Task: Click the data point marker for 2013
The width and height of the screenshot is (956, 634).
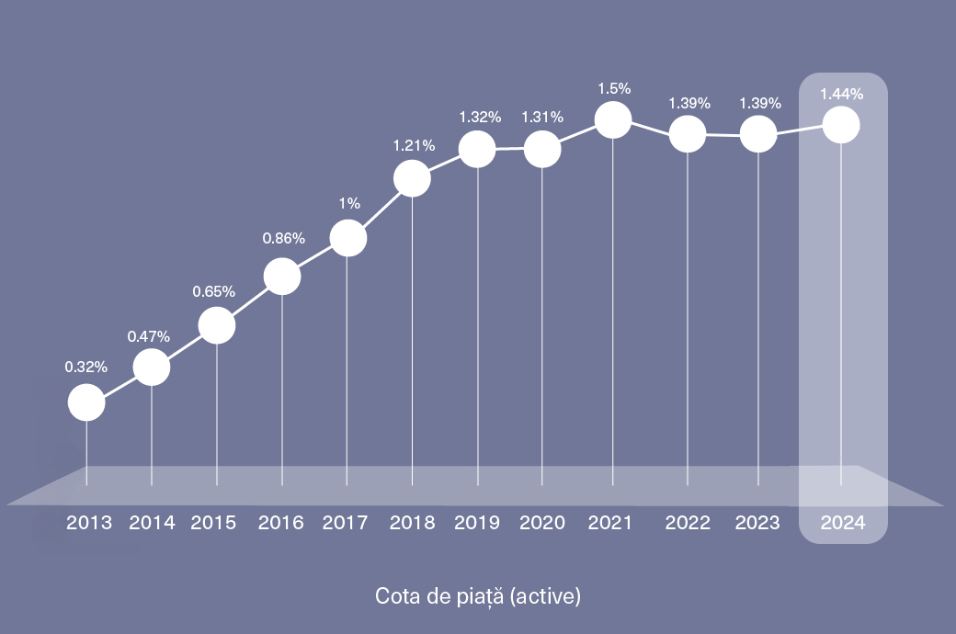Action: [x=86, y=402]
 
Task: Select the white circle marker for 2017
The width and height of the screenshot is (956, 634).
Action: [x=347, y=239]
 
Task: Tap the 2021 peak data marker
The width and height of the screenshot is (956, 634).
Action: [x=613, y=120]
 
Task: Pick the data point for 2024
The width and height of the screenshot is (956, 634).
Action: [x=841, y=125]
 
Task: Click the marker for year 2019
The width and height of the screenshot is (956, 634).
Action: [x=478, y=149]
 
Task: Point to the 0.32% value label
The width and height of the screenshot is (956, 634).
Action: [x=86, y=367]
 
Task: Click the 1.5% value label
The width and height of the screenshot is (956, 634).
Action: [x=614, y=89]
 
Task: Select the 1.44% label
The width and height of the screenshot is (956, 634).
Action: [x=841, y=94]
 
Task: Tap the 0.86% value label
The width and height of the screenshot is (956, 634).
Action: [x=283, y=238]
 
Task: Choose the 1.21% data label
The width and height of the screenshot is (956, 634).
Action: [x=414, y=145]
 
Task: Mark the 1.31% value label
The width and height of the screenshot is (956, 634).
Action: [x=542, y=117]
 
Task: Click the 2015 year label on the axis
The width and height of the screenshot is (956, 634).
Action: [x=213, y=523]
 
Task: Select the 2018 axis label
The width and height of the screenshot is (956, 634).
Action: [x=412, y=523]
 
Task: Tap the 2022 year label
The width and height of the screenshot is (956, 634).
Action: [x=688, y=523]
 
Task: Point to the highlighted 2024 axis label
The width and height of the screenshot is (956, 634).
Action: [x=843, y=523]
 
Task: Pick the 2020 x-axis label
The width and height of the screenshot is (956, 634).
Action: [x=542, y=523]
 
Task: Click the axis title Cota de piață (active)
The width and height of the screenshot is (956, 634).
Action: [x=478, y=596]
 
